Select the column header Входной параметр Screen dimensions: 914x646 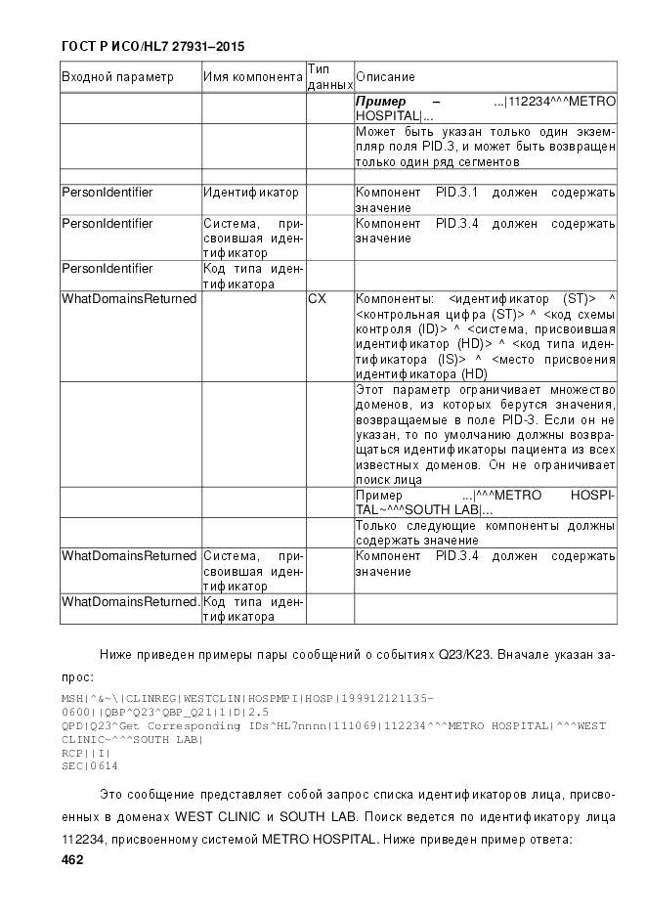117,77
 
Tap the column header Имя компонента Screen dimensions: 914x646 253,77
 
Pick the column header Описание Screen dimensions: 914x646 385,77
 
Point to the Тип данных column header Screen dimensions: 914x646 328,77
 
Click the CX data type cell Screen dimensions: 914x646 318,298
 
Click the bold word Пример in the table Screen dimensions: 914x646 380,102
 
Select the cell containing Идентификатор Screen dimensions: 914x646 251,194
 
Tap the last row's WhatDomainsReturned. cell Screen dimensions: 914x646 130,601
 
